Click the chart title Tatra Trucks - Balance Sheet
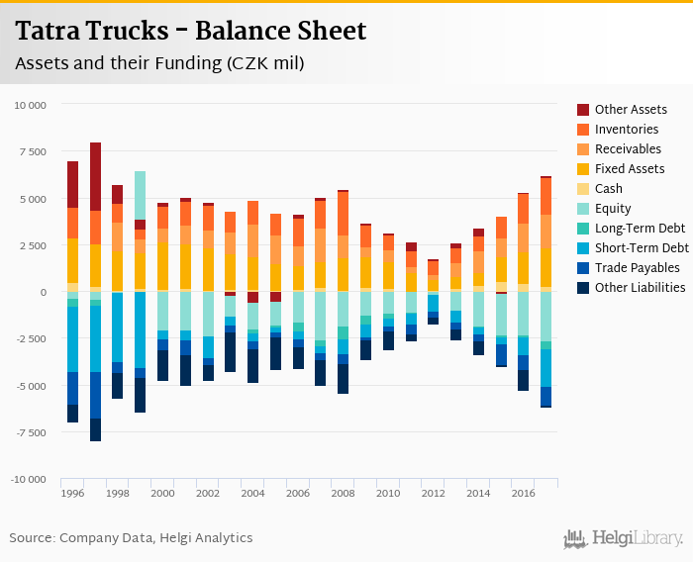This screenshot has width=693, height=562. pyautogui.click(x=190, y=32)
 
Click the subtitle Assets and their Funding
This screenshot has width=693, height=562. pyautogui.click(x=158, y=63)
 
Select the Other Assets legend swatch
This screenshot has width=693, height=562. pyautogui.click(x=583, y=110)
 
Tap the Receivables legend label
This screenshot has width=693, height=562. pyautogui.click(x=629, y=149)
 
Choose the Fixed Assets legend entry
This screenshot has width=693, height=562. pyautogui.click(x=630, y=169)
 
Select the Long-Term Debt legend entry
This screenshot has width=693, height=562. pyautogui.click(x=639, y=229)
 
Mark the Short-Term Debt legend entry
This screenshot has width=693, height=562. pyautogui.click(x=642, y=248)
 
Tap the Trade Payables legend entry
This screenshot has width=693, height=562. pyautogui.click(x=637, y=268)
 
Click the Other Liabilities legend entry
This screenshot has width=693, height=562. pyautogui.click(x=640, y=288)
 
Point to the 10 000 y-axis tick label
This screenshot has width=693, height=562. pyautogui.click(x=29, y=105)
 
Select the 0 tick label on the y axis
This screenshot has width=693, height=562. pyautogui.click(x=42, y=292)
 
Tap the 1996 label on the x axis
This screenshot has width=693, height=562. pyautogui.click(x=72, y=493)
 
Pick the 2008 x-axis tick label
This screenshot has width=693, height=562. pyautogui.click(x=342, y=493)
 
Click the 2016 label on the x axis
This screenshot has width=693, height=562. pyautogui.click(x=522, y=493)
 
